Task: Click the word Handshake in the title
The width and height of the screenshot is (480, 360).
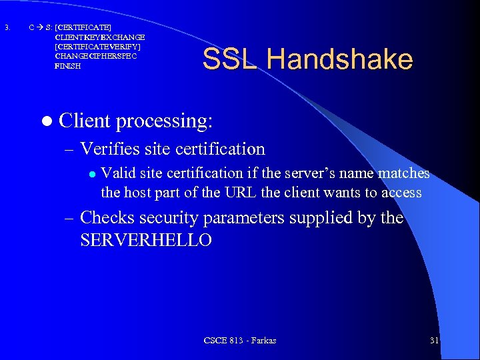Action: click(x=339, y=59)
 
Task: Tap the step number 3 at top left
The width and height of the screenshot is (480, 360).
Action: click(x=7, y=27)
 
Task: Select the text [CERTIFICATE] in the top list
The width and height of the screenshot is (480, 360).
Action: click(x=83, y=27)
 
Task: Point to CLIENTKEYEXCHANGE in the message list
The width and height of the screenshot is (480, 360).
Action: click(x=99, y=37)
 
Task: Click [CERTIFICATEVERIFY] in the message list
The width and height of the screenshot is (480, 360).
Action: click(x=97, y=47)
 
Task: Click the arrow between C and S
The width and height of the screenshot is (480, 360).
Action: click(x=39, y=27)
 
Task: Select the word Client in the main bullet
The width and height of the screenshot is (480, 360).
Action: click(x=84, y=121)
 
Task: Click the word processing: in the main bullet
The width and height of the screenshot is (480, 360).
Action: click(x=164, y=122)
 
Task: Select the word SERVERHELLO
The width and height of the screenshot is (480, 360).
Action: click(x=145, y=240)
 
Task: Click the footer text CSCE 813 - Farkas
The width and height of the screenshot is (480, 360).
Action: click(x=240, y=341)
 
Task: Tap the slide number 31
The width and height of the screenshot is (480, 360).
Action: click(x=434, y=341)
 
